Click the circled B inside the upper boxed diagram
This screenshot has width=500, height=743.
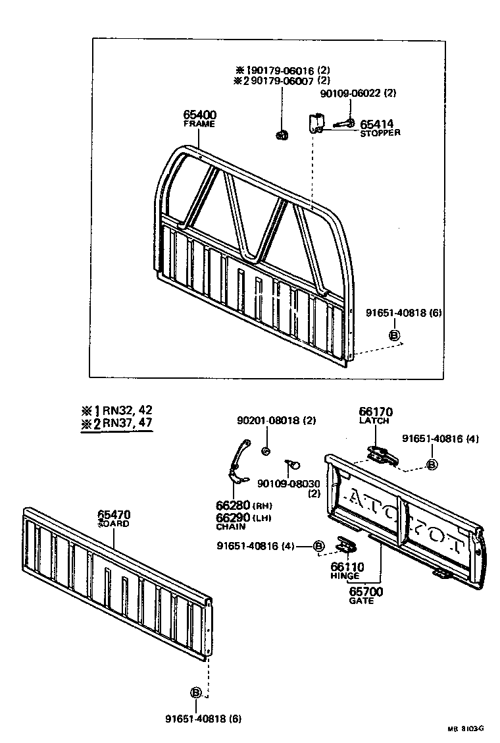(395, 335)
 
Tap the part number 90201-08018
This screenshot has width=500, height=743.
(268, 420)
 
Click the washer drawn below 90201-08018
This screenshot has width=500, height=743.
(266, 451)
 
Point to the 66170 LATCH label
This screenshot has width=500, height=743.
(374, 415)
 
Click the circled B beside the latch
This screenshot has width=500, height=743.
(432, 464)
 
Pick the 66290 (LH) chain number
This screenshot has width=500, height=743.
(230, 518)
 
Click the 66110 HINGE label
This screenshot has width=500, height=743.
(345, 570)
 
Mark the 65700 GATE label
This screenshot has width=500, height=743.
(365, 595)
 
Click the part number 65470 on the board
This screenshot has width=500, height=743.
(114, 515)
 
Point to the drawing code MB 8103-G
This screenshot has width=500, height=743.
(465, 729)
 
